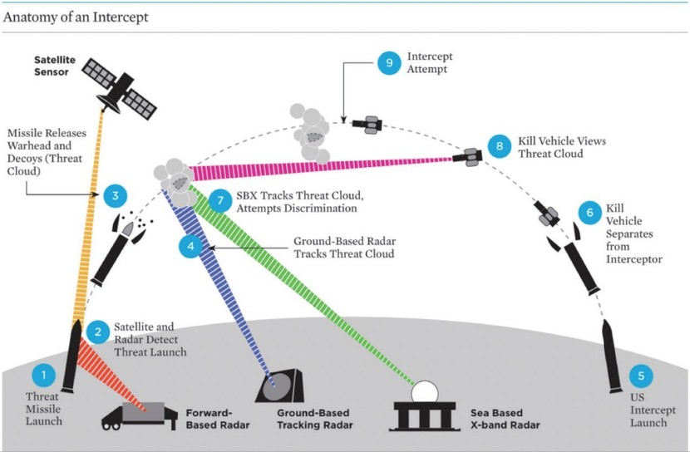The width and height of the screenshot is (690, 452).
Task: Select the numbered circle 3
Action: [x=115, y=196]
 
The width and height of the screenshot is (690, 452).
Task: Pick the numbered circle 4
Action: [x=190, y=247]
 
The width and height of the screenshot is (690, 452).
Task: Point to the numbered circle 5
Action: [x=639, y=376]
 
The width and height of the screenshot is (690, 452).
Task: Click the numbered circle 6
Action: [x=590, y=214]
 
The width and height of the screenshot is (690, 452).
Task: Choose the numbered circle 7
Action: [x=219, y=200]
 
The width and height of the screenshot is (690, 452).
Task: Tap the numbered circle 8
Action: [x=500, y=146]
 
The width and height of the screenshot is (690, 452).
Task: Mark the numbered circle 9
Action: [x=388, y=62]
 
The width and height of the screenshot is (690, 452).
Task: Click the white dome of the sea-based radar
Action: [x=426, y=393]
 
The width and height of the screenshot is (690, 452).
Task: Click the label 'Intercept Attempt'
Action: [x=429, y=64]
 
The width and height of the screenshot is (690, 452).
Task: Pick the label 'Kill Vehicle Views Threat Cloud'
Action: [x=561, y=147]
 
